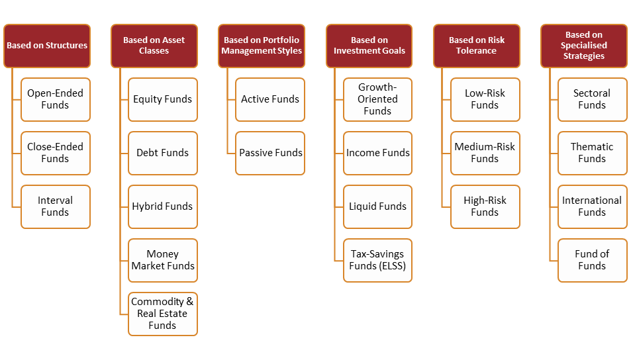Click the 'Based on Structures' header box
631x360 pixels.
[47, 46]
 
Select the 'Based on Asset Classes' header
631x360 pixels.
[154, 46]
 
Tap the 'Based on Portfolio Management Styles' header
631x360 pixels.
[262, 46]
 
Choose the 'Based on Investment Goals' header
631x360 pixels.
[369, 46]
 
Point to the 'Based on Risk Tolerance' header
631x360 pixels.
[477, 46]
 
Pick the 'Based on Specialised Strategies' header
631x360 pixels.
[584, 46]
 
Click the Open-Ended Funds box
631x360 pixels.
[56, 99]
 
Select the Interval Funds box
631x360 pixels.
[56, 206]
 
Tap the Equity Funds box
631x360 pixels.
[163, 99]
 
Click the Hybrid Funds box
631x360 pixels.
[163, 206]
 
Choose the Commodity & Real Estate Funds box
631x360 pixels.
[163, 314]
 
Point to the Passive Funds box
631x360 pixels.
[270, 153]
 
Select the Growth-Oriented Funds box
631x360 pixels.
[377, 99]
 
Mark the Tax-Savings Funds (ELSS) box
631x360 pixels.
[377, 260]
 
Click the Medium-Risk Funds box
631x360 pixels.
[485, 153]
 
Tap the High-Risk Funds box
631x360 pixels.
[485, 206]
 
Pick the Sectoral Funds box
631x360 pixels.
[592, 99]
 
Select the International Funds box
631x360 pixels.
[592, 206]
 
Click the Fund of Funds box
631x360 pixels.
[592, 260]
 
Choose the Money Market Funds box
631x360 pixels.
[163, 260]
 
